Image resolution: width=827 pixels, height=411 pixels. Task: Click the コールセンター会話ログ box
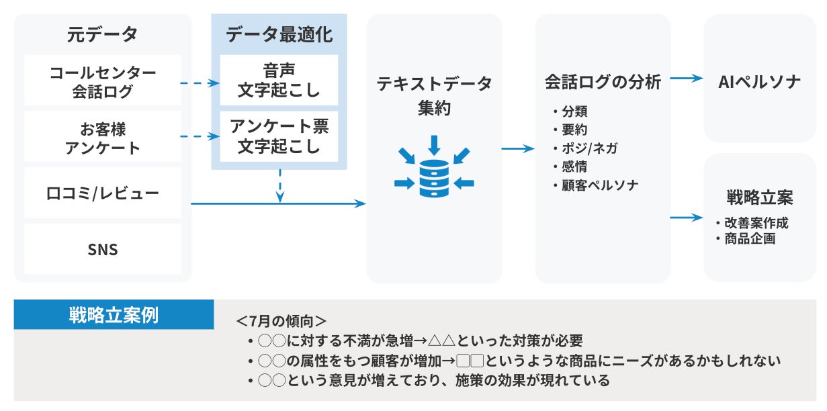103,81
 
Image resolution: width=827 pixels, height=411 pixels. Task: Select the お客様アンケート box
103,138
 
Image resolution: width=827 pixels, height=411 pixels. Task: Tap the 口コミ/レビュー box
103,194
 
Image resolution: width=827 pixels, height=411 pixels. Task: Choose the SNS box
103,250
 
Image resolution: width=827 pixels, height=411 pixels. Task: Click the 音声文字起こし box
279,80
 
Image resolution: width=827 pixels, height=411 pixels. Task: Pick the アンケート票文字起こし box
279,136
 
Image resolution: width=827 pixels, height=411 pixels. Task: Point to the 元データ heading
102,34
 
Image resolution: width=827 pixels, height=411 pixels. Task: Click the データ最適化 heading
279,34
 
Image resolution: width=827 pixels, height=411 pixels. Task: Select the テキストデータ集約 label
434,95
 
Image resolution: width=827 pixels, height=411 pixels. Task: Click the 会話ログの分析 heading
603,83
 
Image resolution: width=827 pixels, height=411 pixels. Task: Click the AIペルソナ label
759,82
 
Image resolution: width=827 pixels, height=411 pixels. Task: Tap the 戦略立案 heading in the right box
759,198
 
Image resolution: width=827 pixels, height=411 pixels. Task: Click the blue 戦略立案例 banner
114,315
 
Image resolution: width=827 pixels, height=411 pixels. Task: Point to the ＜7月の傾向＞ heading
281,320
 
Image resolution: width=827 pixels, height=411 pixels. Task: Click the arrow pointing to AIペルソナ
686,79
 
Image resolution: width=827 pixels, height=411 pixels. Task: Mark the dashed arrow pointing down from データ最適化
279,185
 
